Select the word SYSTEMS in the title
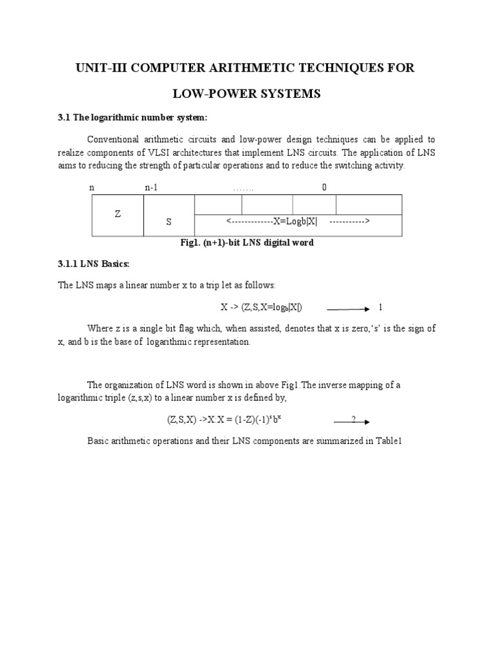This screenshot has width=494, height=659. (287, 94)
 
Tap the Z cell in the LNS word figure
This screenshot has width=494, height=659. (118, 214)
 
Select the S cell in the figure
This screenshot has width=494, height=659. (169, 221)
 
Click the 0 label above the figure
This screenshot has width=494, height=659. (324, 187)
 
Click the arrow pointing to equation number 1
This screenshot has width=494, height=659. (348, 308)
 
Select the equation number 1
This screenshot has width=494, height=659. (380, 307)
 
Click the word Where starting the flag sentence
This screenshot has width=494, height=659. (98, 328)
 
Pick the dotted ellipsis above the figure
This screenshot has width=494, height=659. (243, 188)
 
